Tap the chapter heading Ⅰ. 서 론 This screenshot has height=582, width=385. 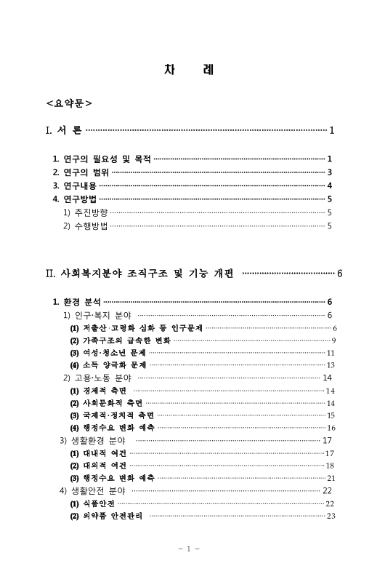(x=63, y=131)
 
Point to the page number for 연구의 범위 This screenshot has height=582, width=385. (x=330, y=172)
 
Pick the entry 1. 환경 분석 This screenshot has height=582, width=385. (x=77, y=301)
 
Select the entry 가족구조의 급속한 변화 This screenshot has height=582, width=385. (x=119, y=340)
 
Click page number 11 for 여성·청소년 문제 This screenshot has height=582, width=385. (x=331, y=353)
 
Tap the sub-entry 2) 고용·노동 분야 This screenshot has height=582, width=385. (x=97, y=378)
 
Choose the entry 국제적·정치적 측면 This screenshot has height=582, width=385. (x=111, y=415)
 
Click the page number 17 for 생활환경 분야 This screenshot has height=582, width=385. (x=327, y=440)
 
